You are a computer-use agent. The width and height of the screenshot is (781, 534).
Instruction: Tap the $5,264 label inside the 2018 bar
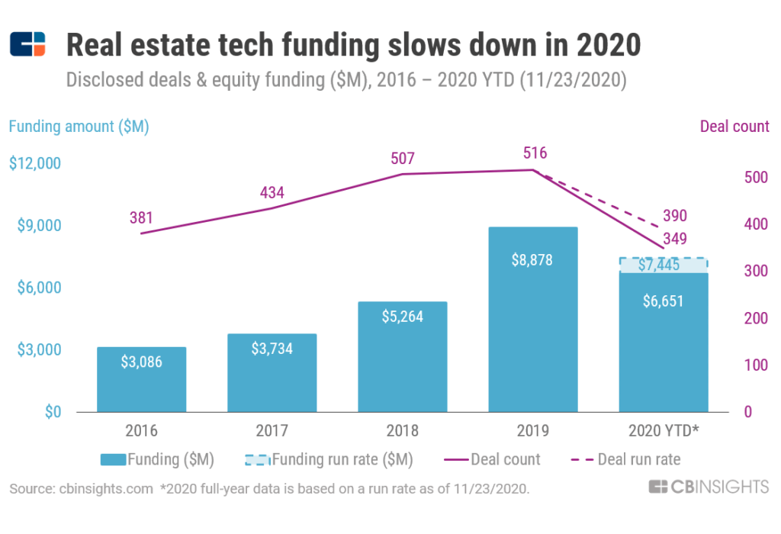coord(402,316)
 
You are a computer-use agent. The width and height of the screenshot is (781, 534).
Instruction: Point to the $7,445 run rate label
coord(663,265)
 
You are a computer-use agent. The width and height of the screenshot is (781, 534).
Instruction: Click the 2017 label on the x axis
coord(272,431)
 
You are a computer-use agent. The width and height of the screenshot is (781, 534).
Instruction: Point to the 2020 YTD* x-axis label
coord(664,431)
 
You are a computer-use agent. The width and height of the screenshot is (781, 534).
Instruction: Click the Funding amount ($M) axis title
coord(79,127)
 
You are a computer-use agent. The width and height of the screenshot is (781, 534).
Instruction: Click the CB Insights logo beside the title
coord(28,45)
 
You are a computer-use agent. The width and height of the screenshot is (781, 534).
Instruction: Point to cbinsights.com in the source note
coord(104,489)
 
